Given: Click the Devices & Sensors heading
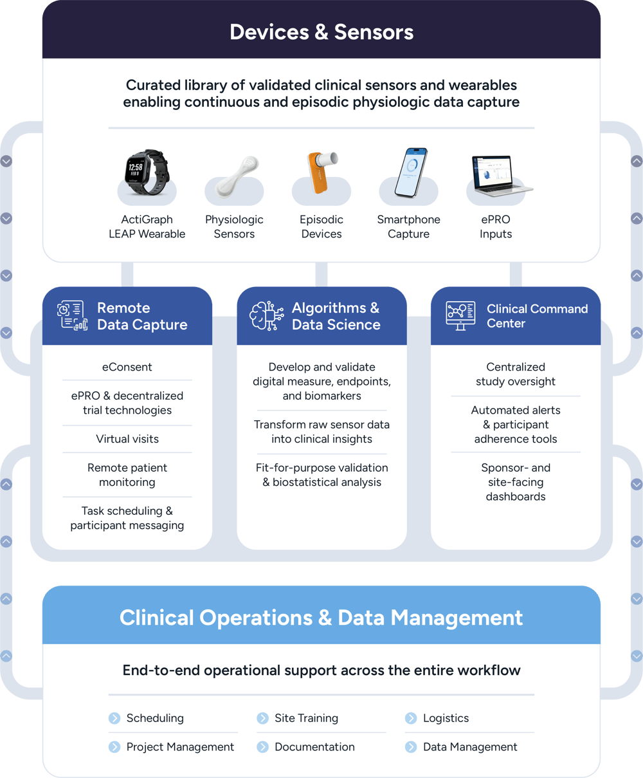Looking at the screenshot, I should tap(321, 32).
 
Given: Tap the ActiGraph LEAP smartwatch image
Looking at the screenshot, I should tap(146, 172).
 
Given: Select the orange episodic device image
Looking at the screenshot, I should tap(320, 172).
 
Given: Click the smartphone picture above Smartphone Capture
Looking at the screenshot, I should tap(411, 172).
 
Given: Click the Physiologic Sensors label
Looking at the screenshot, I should tap(234, 227).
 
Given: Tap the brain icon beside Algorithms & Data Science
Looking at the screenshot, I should tap(266, 315).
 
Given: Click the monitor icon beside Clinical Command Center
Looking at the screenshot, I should tap(460, 315).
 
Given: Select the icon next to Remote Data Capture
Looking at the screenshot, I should tap(72, 315).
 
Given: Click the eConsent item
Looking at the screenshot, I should tap(127, 367).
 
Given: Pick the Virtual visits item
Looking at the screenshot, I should tap(127, 439).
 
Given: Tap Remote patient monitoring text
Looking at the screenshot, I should tap(127, 475).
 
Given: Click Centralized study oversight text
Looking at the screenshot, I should tap(516, 374).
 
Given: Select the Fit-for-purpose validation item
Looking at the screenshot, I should tap(321, 475).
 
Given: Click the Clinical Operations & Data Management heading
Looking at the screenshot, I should tap(321, 618).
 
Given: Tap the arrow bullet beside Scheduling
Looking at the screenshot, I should tap(114, 718).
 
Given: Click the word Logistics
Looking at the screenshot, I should tap(446, 718).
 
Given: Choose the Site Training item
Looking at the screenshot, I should tap(306, 718).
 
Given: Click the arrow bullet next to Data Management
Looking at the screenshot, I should tap(411, 747).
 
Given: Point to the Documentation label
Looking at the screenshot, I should tap(314, 747).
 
